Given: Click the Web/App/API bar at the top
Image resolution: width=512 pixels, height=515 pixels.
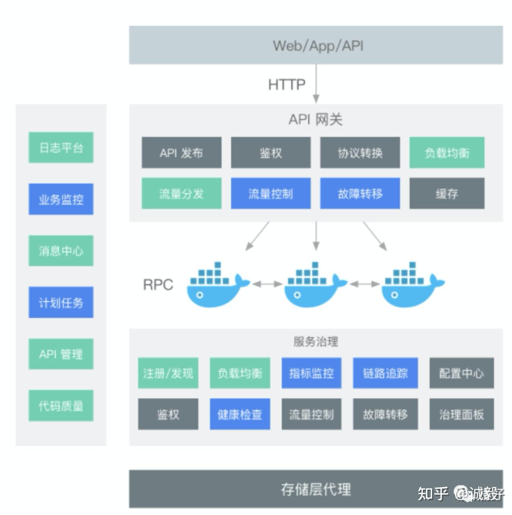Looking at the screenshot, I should (316, 45).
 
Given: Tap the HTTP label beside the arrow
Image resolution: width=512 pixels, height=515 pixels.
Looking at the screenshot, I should (287, 84).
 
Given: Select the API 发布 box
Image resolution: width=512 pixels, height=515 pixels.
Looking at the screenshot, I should (181, 152).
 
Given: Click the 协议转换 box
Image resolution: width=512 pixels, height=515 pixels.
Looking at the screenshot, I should (360, 152).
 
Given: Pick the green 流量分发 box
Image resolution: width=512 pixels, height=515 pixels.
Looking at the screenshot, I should (181, 194).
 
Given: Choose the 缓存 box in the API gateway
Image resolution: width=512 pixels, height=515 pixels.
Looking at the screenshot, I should (446, 194).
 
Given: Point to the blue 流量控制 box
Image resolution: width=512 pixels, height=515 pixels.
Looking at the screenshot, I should (270, 194).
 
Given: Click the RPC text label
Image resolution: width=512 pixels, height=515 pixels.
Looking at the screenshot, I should (158, 285).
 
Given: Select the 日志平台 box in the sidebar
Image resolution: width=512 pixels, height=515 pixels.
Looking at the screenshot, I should (61, 148).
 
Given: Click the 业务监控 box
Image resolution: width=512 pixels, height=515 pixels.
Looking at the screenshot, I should (61, 199).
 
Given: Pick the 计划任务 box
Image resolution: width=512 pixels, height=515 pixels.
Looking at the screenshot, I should (61, 303).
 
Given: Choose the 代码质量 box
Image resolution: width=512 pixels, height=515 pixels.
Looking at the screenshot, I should (61, 406).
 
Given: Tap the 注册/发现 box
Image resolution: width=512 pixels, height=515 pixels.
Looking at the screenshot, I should (168, 373).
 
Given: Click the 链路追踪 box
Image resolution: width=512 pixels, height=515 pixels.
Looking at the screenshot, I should (385, 373).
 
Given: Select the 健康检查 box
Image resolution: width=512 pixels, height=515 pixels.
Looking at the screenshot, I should (240, 414).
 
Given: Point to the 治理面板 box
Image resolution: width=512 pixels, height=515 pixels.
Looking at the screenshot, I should (461, 414).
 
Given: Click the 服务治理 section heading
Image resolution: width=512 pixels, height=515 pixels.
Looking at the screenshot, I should (315, 342).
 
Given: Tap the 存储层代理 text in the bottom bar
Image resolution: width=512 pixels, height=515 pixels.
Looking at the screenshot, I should (315, 489).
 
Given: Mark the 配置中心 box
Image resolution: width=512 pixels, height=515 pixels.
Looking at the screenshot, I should (461, 373).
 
